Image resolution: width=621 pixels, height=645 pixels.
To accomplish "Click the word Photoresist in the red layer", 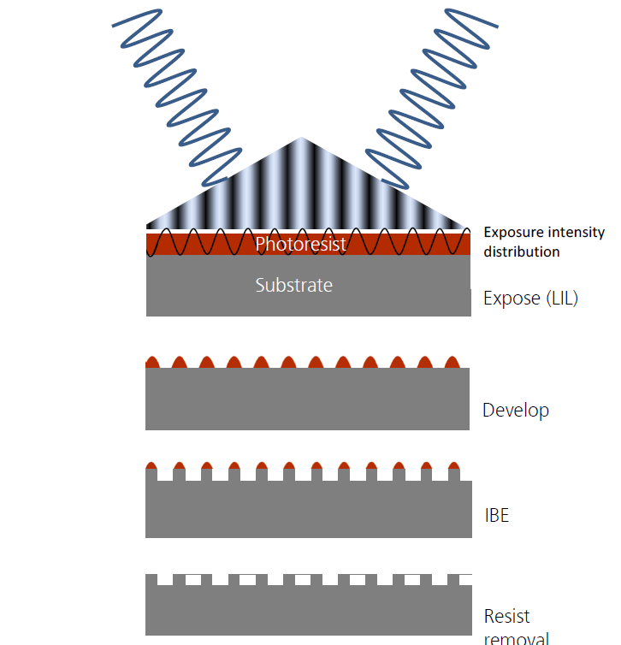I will (300, 245).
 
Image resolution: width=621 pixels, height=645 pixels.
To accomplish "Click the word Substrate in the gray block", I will (293, 285).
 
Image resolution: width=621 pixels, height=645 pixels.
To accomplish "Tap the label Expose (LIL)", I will (530, 299).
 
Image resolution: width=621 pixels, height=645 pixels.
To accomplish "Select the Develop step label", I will (515, 410).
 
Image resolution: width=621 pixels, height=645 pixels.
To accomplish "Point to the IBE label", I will (496, 516).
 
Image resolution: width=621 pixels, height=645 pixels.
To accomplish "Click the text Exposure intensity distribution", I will (544, 242).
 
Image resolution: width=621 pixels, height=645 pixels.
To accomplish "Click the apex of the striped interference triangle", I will (300, 139).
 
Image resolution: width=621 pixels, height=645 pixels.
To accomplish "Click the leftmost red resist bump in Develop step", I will (153, 362).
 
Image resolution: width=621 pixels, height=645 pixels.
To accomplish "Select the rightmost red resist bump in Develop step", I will (452, 362).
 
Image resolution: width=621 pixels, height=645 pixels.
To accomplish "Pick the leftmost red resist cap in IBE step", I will (153, 465).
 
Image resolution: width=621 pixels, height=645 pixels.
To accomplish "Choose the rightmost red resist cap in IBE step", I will (452, 465).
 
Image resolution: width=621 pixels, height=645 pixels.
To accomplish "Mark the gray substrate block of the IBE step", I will (308, 512).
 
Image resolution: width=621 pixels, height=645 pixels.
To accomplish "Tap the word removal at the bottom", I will (516, 637).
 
